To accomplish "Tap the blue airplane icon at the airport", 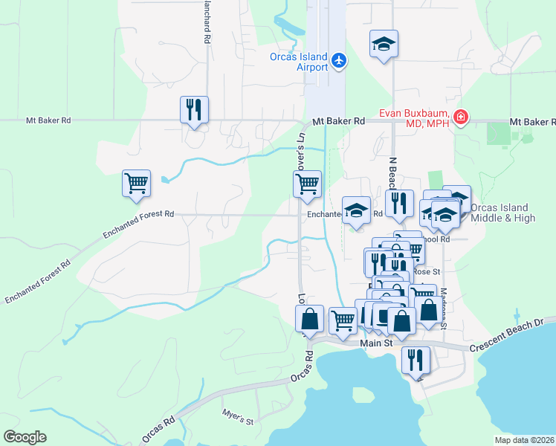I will click(339, 59).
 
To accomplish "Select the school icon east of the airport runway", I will click(384, 45).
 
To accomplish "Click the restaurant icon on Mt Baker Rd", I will click(194, 110).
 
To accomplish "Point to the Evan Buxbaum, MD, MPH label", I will click(414, 118).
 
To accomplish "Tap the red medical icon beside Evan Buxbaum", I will click(461, 117).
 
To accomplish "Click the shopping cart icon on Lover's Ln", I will click(307, 184).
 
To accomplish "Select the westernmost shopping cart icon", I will click(137, 184).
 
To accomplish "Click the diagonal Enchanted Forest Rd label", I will click(37, 281).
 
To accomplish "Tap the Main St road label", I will click(375, 343).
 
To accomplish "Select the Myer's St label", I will click(238, 416).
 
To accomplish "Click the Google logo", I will click(25, 437).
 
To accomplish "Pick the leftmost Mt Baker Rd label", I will click(48, 120).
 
